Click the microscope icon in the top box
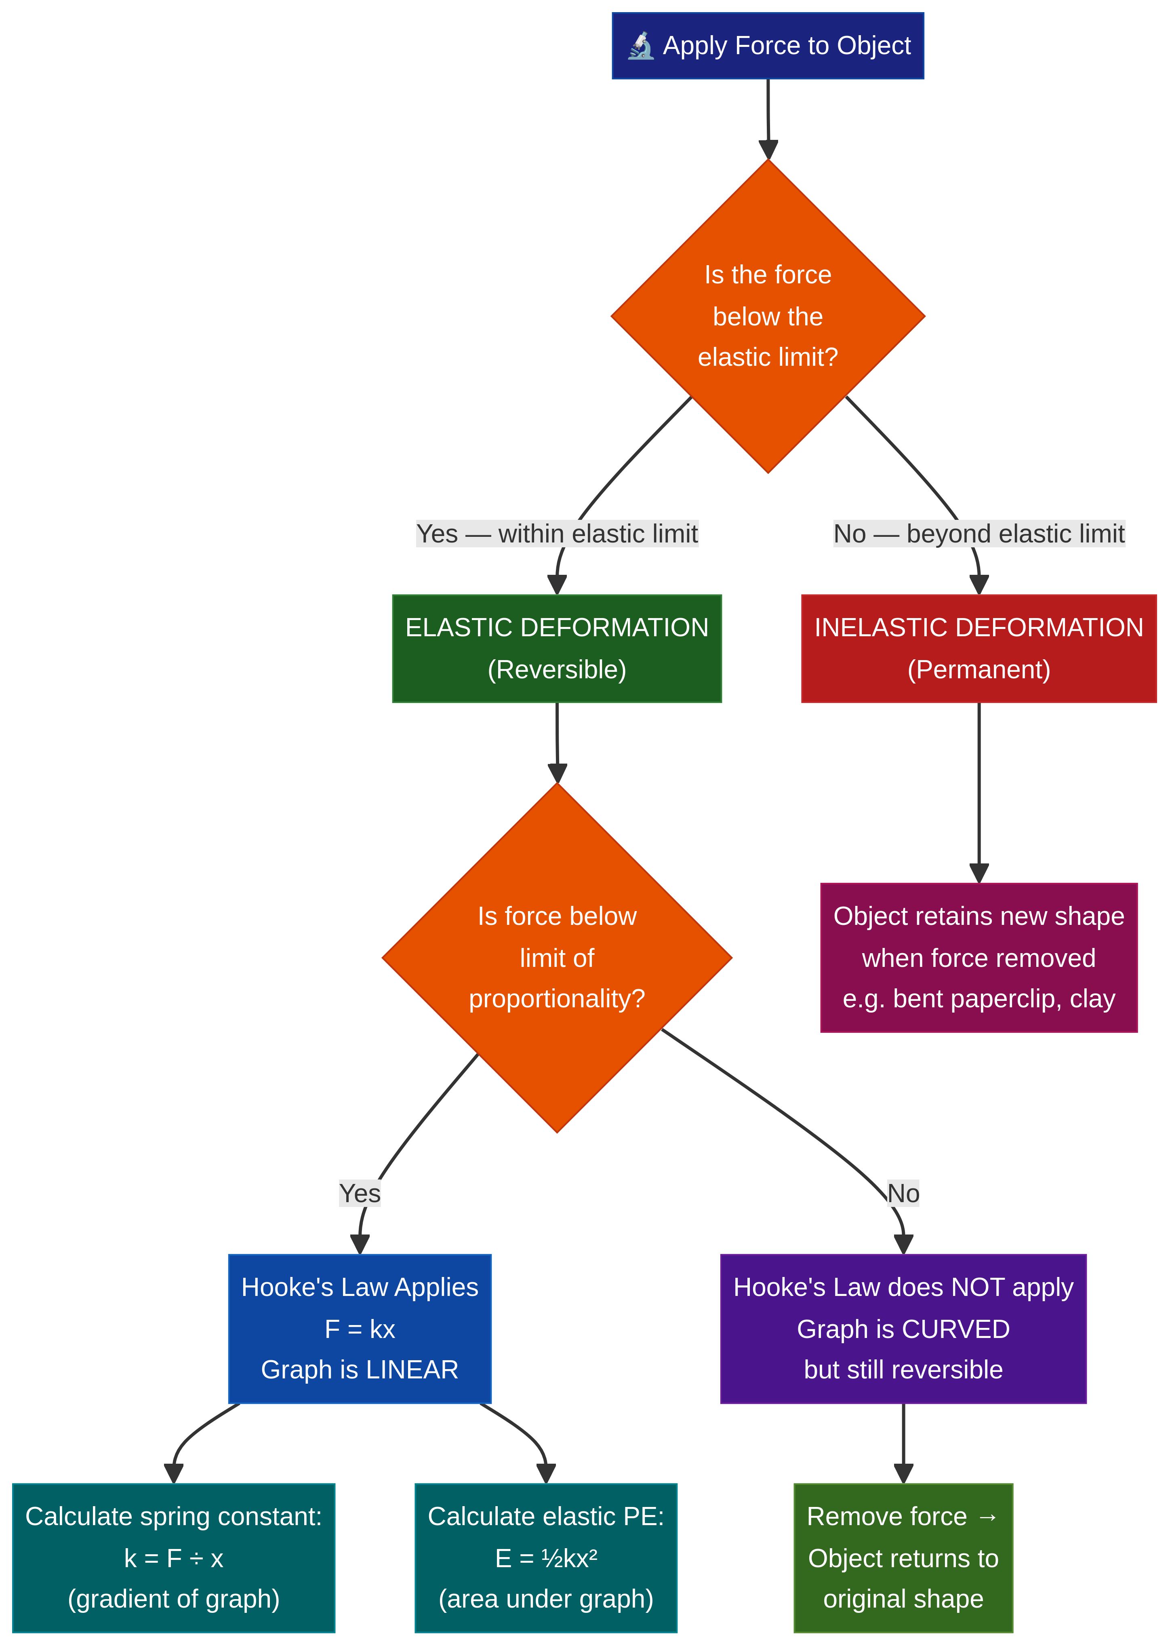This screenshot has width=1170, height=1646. pyautogui.click(x=640, y=46)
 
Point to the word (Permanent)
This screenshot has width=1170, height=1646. pyautogui.click(x=979, y=669)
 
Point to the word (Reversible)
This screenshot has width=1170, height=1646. pyautogui.click(x=557, y=669)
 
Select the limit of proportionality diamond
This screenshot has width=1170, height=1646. pyautogui.click(x=557, y=957)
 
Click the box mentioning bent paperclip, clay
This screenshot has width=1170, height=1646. pyautogui.click(x=979, y=957)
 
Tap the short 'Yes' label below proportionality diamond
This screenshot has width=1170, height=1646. pyautogui.click(x=360, y=1193)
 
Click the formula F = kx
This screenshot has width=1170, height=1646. pyautogui.click(x=360, y=1329)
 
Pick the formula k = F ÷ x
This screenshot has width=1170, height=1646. pyautogui.click(x=174, y=1558)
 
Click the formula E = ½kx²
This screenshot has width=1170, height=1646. pyautogui.click(x=546, y=1558)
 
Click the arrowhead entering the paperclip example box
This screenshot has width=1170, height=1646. pyautogui.click(x=979, y=874)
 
